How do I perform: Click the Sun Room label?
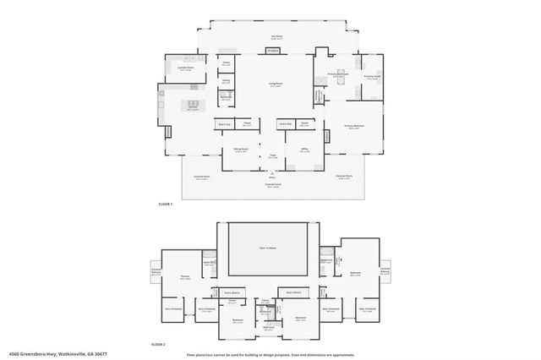(276, 36)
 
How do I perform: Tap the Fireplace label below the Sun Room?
(273, 51)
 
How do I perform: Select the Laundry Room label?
(186, 69)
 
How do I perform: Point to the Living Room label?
(276, 84)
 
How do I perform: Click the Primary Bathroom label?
(338, 74)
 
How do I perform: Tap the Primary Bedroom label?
(352, 127)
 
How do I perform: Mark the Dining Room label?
(241, 150)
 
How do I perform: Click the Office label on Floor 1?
(305, 150)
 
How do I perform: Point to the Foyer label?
(273, 156)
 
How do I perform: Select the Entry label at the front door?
(272, 177)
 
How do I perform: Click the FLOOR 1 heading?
(166, 205)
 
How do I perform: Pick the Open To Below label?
(268, 248)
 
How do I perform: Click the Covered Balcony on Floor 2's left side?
(156, 272)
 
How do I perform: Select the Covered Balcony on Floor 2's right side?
(385, 271)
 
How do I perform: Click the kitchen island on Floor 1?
(193, 104)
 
